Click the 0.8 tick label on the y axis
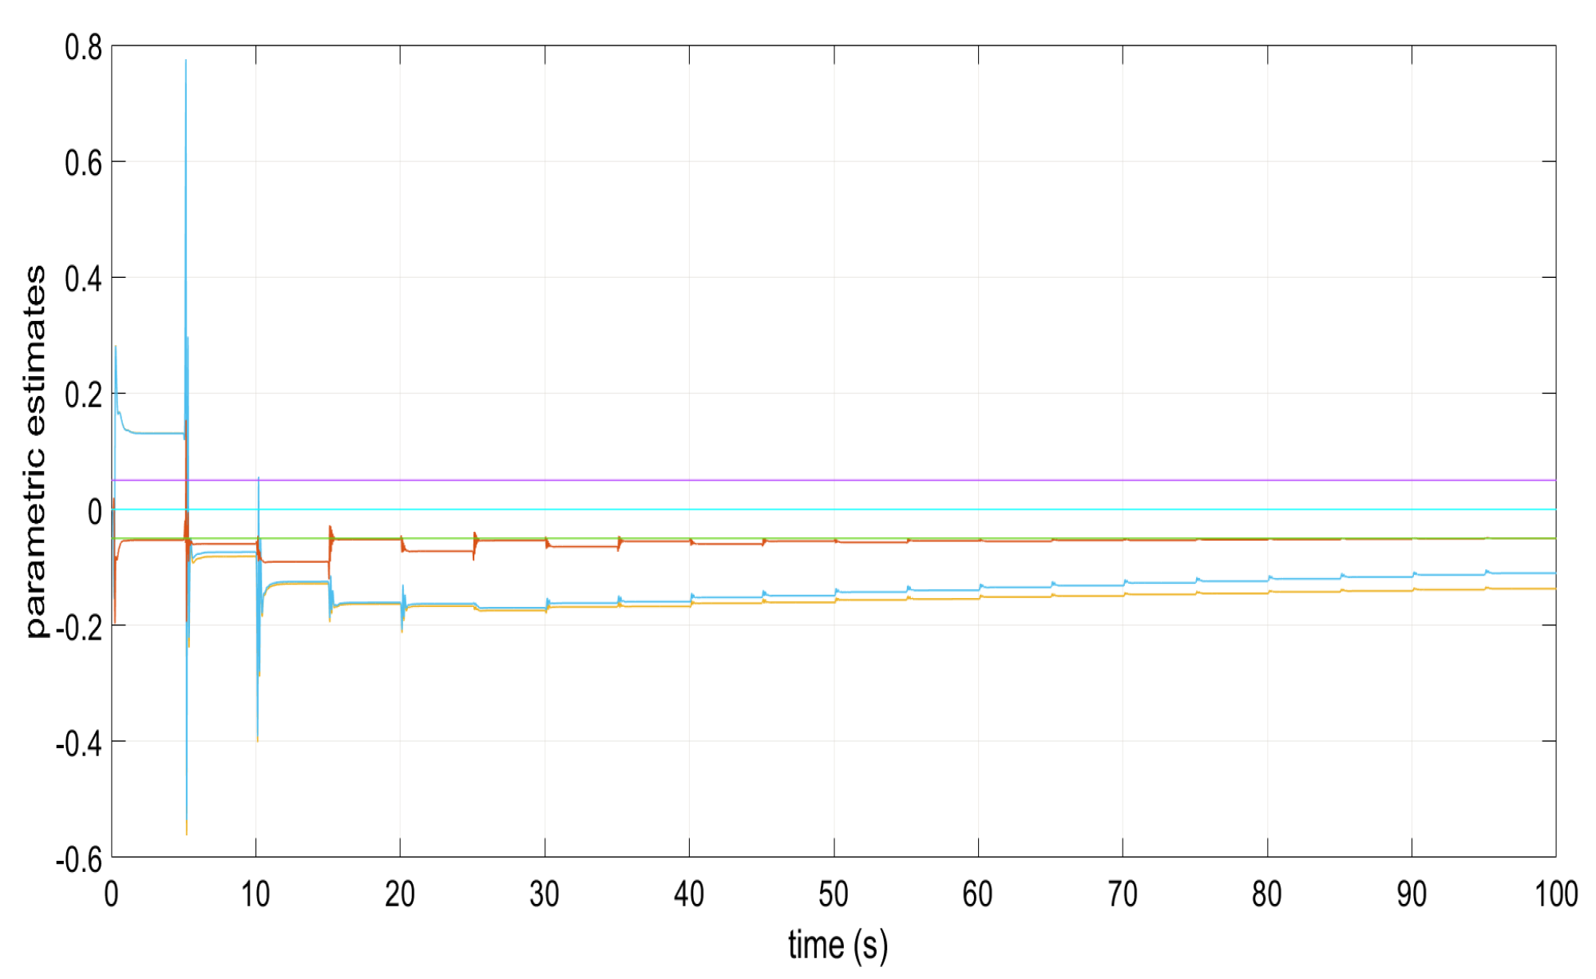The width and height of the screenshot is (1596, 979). pos(83,48)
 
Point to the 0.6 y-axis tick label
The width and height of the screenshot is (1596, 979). pos(83,164)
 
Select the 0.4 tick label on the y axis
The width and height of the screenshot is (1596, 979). pos(83,279)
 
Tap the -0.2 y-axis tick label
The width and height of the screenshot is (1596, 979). pos(79,628)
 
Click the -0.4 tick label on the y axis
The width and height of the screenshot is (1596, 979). pos(79,743)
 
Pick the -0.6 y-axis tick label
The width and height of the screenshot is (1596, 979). pos(79,859)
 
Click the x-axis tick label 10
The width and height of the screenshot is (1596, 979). pos(255,894)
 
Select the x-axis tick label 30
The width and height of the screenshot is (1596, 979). pos(545,894)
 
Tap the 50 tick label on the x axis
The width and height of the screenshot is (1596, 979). pos(834,894)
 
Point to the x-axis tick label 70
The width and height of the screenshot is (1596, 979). pos(1123,894)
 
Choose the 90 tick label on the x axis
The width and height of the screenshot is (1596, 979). pos(1412,894)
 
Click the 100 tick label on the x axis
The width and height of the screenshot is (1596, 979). pos(1556,894)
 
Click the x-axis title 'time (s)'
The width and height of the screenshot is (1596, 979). pos(838,945)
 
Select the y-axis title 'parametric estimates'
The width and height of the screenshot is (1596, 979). pos(35,452)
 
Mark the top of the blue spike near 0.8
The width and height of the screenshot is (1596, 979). pos(186,61)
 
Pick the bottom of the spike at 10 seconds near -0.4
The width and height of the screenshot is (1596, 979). pos(257,740)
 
